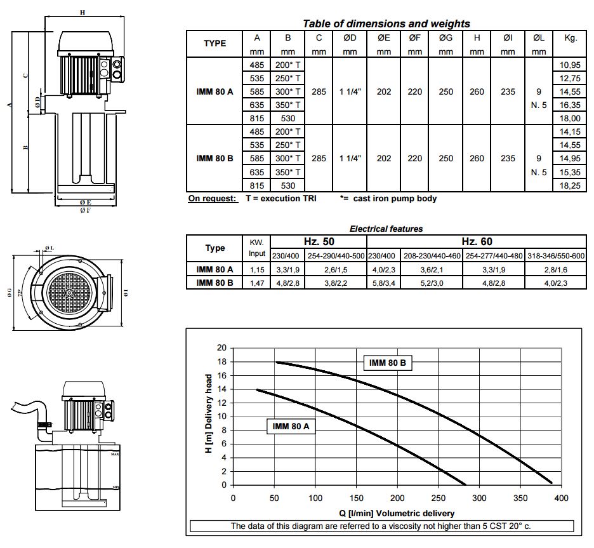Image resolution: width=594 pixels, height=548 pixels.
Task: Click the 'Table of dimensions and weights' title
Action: [x=386, y=23]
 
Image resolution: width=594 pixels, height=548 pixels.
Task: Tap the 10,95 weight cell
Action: [x=570, y=65]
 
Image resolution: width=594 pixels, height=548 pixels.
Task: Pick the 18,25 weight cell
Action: [x=570, y=185]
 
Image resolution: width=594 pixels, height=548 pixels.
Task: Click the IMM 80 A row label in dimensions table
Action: [x=214, y=91]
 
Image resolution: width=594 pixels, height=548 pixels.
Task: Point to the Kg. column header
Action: [x=571, y=38]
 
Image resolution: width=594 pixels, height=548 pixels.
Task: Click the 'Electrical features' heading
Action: [x=386, y=229]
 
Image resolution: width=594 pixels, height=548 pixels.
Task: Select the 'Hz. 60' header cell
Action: [x=477, y=241]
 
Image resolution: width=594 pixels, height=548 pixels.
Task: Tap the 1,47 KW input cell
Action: [x=257, y=283]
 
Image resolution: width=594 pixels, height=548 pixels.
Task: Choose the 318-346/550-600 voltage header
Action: [x=556, y=256]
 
